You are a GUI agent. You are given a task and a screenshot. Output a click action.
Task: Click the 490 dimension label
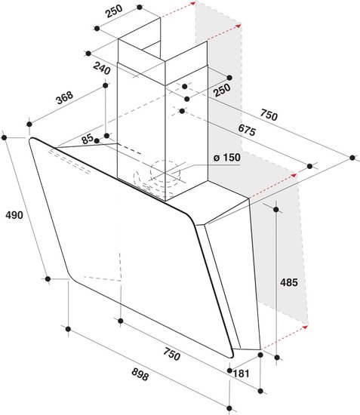[x=14, y=215]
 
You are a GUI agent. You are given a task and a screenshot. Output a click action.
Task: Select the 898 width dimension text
[x=140, y=374]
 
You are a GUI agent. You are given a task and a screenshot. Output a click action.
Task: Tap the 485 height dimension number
[x=289, y=282]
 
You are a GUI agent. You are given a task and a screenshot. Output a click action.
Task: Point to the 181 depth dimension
[x=242, y=373]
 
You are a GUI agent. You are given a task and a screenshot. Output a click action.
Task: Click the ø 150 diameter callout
[x=227, y=158]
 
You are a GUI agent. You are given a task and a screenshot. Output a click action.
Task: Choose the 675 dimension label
[x=247, y=130]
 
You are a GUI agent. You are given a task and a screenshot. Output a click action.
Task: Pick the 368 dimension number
[x=64, y=97]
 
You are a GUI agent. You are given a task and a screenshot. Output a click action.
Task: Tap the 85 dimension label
[x=88, y=139]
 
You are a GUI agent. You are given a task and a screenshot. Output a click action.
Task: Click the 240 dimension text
[x=102, y=69]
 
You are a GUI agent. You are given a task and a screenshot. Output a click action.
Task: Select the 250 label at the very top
[x=114, y=11]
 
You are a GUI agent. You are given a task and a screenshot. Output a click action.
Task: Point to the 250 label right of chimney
[x=222, y=91]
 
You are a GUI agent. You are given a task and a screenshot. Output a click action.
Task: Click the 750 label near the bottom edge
[x=172, y=354]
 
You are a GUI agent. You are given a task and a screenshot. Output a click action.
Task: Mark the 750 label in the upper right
[x=269, y=115]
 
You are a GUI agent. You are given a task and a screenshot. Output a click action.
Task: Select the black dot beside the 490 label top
[x=4, y=137]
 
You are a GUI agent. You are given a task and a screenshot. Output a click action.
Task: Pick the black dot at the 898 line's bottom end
[x=229, y=409]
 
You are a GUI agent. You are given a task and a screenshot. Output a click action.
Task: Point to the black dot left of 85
[x=97, y=141]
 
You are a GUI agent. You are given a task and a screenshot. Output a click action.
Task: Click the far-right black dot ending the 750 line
[x=352, y=158]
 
